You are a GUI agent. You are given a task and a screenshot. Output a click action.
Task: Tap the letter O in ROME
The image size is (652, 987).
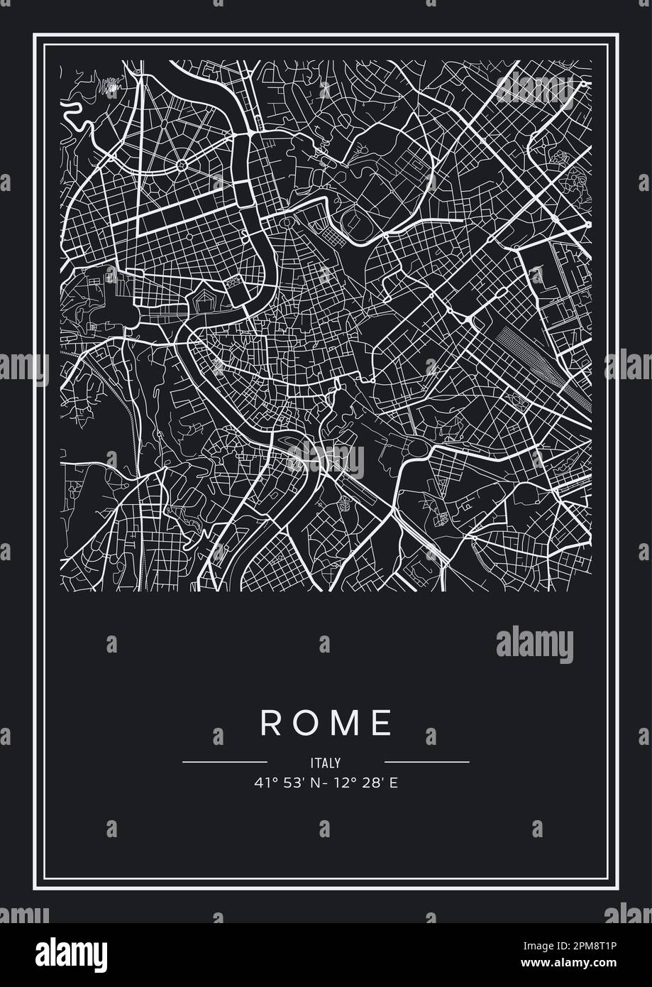point(306,723)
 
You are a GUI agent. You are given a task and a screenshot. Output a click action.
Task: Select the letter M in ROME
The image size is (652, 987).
point(345,723)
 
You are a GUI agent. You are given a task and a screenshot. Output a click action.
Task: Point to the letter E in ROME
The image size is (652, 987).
point(382,723)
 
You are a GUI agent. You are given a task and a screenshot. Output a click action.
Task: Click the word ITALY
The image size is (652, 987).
point(326,763)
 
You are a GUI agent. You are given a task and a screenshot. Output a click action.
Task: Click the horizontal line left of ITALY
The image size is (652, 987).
point(224,762)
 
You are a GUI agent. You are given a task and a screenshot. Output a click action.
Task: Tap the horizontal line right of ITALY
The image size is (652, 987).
point(426,762)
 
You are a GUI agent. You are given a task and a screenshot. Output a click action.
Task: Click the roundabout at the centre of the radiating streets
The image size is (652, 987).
point(181,165)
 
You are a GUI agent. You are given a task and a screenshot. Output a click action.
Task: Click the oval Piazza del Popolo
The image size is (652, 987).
point(288,223)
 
